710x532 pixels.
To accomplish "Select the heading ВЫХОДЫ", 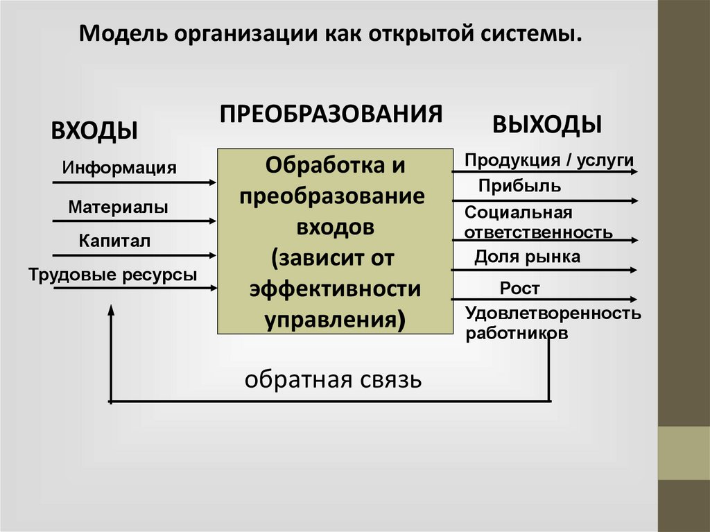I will pos(547,124).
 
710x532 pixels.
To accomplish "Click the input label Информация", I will pos(119,168).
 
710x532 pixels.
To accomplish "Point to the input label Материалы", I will pos(118,207).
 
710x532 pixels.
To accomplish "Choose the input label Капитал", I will pos(114,241).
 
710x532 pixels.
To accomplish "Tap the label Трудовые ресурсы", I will pos(113,275).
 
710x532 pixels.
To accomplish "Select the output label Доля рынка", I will pos(527,257).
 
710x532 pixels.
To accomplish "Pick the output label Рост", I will pos(519,288).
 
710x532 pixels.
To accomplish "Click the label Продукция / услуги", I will pos(549,160).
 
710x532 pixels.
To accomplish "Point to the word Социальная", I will pos(519,213).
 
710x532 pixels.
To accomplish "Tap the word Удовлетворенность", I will pos(553,313).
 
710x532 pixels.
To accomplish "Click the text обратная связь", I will pos(332,380).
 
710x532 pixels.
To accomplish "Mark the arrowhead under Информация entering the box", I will pos(213,182).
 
